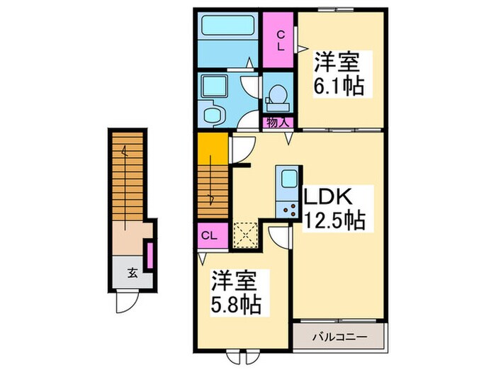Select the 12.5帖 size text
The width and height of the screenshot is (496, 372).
pyautogui.click(x=334, y=221)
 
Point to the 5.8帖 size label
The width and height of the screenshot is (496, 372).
pyautogui.click(x=237, y=305)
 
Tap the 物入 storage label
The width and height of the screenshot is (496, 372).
pyautogui.click(x=278, y=123)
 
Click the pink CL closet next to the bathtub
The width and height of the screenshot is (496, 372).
pyautogui.click(x=280, y=40)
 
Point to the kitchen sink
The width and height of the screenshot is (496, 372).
pyautogui.click(x=287, y=179)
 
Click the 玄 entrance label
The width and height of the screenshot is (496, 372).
pyautogui.click(x=133, y=271)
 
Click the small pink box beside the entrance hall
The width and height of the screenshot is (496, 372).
pyautogui.click(x=150, y=256)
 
